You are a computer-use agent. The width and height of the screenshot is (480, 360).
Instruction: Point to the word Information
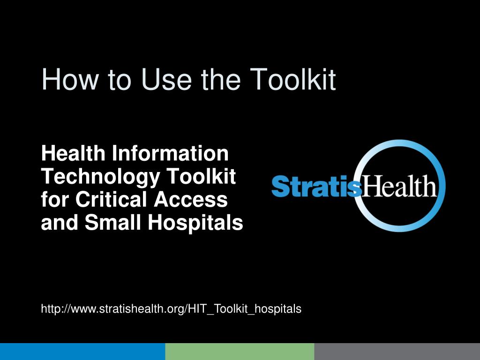pos(170,153)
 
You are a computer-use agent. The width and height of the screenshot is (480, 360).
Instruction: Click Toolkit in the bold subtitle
pos(201,176)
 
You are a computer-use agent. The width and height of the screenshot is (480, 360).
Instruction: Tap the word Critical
pos(112,199)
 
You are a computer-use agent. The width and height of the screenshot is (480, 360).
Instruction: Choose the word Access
pos(191,199)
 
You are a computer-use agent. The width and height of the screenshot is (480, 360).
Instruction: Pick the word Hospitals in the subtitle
pos(195,223)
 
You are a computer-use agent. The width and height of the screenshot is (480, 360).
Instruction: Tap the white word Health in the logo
pos(399,186)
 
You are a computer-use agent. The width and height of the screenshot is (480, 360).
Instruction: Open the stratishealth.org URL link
pos(171,308)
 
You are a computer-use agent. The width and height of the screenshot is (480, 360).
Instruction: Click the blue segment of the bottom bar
pos(82,352)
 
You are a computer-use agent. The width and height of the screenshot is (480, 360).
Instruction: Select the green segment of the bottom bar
pos(240,352)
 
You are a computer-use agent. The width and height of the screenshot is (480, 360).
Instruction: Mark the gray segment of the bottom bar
pos(397,352)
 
